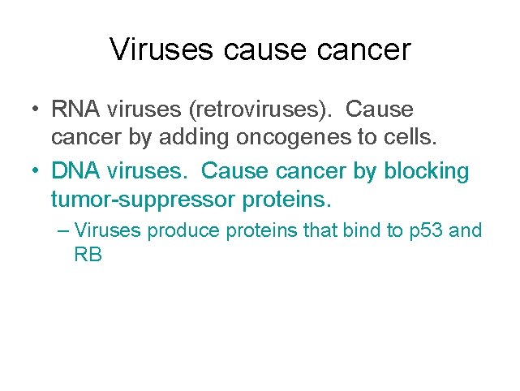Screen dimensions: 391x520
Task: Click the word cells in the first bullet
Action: pos(411,139)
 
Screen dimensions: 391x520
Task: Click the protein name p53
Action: pos(424,231)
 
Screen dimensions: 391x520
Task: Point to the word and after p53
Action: pos(466,231)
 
